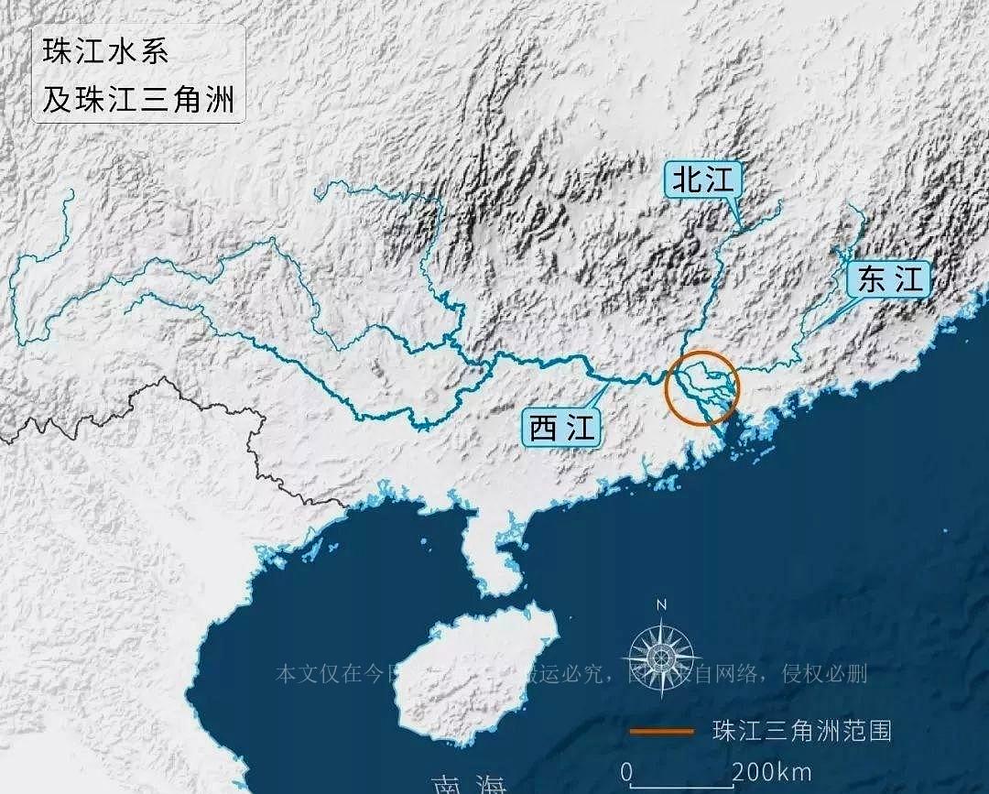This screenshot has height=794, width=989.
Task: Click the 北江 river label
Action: pos(703,181)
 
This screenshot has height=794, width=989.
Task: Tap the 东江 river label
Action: pos(890,279)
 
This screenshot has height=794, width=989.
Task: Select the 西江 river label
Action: pos(561,428)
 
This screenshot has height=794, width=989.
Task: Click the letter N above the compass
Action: pos(661,604)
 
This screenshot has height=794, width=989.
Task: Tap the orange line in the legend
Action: pos(661,731)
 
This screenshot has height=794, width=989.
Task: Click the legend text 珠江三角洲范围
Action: pos(801,731)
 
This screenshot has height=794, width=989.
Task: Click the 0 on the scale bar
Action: pos(626,772)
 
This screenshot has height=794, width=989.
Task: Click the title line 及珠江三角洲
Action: pos(137,98)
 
